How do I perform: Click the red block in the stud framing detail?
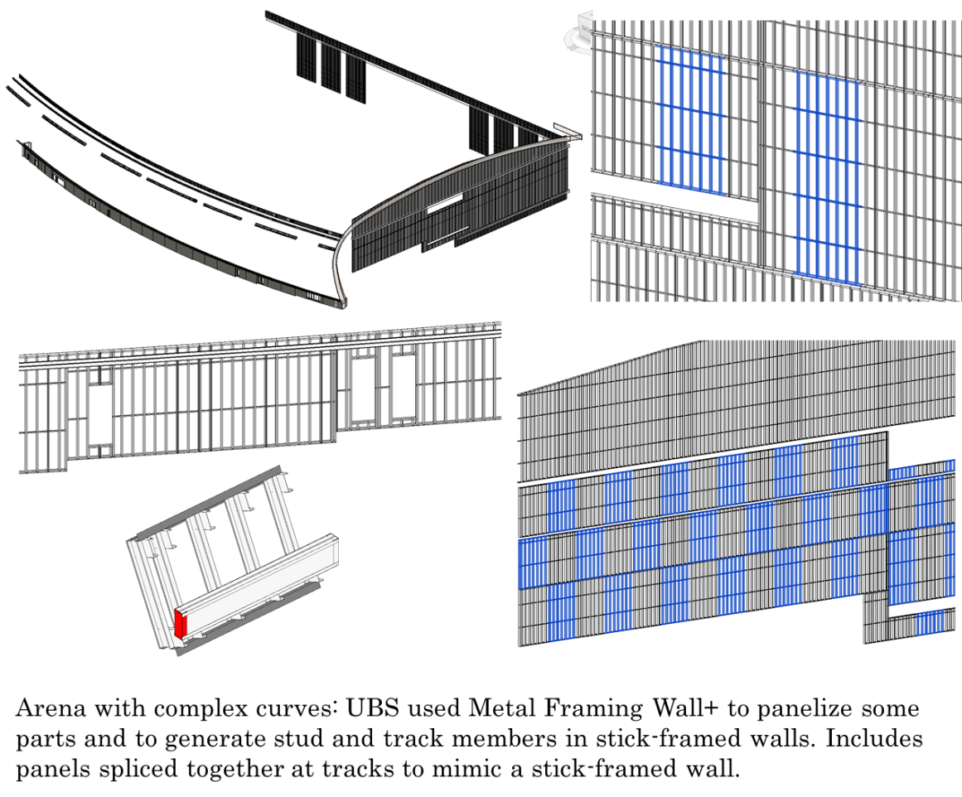(181, 624)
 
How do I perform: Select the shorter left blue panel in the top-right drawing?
(689, 121)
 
